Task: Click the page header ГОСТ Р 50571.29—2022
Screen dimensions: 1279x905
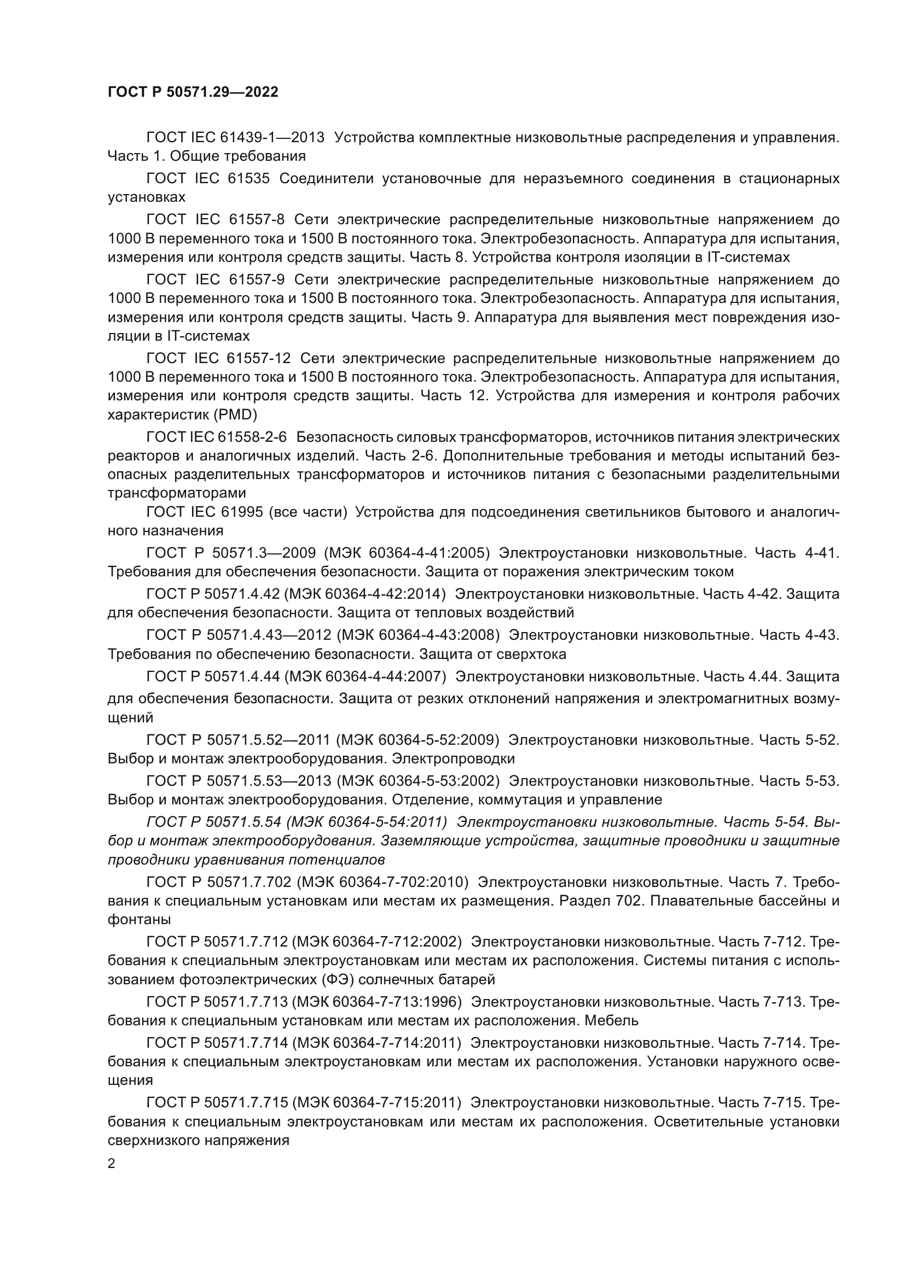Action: pos(193,92)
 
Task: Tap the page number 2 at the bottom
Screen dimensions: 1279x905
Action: pos(112,1163)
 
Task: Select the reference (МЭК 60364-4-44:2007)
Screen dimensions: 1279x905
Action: pos(366,676)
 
